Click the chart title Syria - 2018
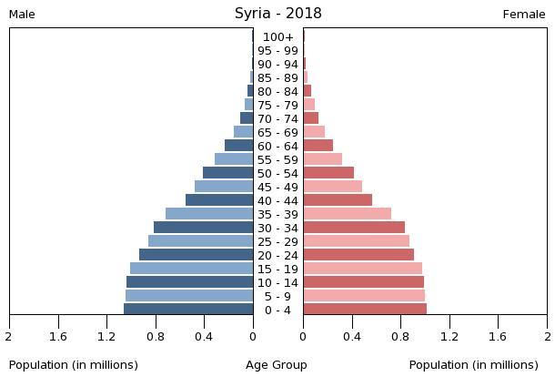point(277,14)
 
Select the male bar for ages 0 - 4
point(188,310)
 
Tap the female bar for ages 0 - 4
point(365,310)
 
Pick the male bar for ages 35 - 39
point(209,214)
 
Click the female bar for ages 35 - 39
point(347,214)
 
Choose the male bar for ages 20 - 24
point(196,255)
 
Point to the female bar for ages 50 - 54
point(328,173)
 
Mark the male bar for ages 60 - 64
point(238,146)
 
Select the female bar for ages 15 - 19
point(362,269)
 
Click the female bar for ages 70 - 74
point(310,118)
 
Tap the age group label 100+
point(277,37)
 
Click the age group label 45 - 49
point(277,188)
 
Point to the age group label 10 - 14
point(277,283)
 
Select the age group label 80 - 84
point(277,92)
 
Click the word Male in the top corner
point(22,15)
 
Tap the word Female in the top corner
point(524,15)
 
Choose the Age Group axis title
point(277,365)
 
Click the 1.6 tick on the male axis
point(58,337)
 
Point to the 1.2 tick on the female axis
point(449,337)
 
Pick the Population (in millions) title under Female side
point(473,365)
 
